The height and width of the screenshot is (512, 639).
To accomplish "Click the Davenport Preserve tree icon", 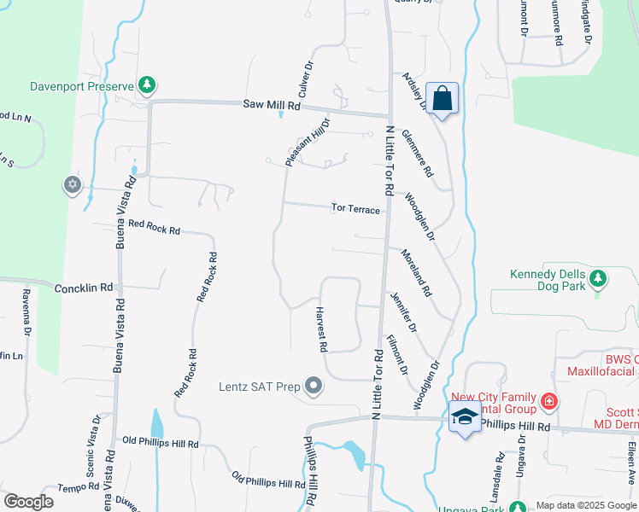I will click(x=148, y=84).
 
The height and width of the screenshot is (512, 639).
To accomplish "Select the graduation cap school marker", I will click(x=465, y=417).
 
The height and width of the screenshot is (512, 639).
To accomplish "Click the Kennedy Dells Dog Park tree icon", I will click(x=599, y=276).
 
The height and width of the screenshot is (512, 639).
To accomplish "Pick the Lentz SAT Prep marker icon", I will click(x=314, y=387).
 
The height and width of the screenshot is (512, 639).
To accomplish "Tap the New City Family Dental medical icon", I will click(x=549, y=400).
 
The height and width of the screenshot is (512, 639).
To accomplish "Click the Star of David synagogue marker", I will click(x=72, y=183).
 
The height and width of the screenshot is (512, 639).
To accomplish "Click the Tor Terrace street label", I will click(x=355, y=208).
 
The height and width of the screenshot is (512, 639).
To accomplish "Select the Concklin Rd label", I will click(x=84, y=288).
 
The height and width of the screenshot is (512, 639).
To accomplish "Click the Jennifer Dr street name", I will click(x=402, y=312).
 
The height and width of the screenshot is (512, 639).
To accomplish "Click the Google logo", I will click(x=28, y=502).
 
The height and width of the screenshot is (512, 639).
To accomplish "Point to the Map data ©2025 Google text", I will click(x=586, y=505).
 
